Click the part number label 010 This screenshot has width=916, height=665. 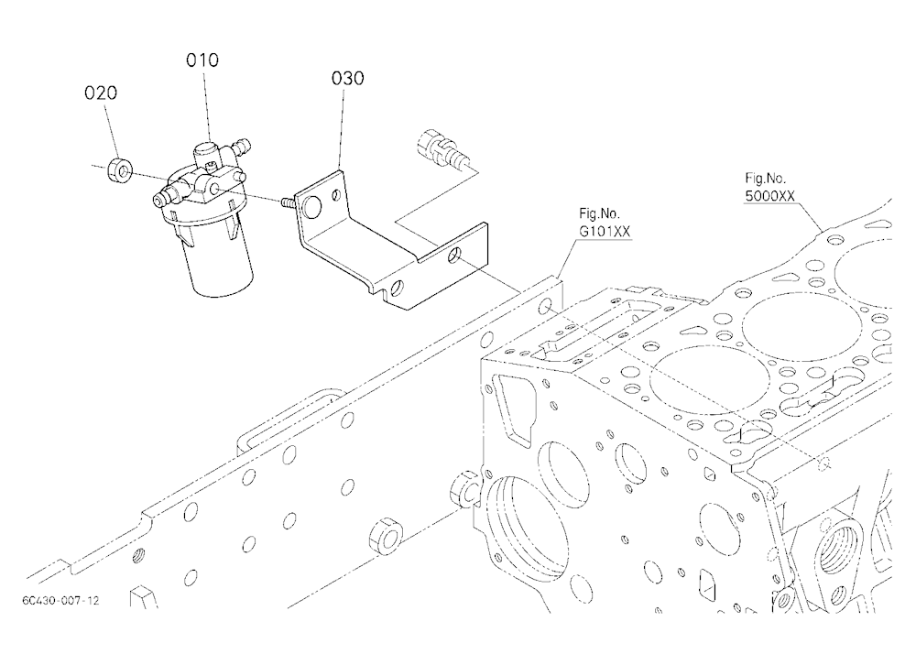(202, 60)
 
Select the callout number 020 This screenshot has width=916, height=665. (101, 93)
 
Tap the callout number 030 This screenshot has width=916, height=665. (347, 78)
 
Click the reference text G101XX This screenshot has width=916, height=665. (605, 232)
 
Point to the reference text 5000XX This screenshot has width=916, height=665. (770, 196)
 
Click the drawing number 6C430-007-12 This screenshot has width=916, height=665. (60, 600)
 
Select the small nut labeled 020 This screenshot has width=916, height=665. (120, 170)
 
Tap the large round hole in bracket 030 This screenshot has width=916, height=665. (312, 206)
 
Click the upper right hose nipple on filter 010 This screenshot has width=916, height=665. (240, 146)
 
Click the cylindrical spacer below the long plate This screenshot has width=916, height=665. (386, 532)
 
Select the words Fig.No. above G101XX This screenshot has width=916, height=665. (599, 213)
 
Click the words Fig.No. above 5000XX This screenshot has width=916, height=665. (765, 178)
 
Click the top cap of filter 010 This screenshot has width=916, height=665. (205, 154)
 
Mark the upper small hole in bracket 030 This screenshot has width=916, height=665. (336, 194)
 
